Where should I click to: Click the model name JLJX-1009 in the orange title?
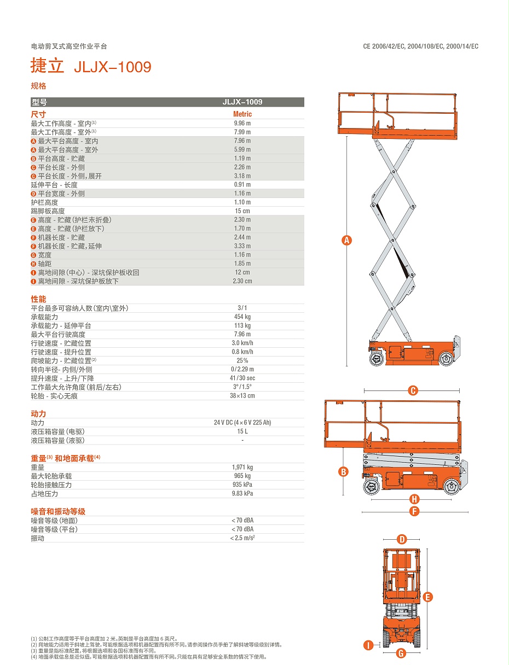[112, 67]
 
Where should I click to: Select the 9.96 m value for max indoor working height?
[242, 123]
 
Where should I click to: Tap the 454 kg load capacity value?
[242, 317]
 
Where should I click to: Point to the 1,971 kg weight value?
[242, 467]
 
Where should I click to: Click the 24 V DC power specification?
[242, 423]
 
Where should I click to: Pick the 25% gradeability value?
[242, 360]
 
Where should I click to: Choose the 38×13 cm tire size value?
[242, 395]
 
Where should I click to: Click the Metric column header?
[242, 114]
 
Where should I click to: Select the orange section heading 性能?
[38, 299]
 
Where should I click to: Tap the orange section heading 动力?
[38, 413]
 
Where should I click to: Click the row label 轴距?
[44, 264]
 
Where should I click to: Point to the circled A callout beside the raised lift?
[346, 240]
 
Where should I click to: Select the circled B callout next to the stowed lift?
[343, 472]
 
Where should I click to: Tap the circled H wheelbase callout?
[414, 499]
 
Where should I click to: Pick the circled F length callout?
[414, 512]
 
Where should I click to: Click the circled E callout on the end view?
[428, 597]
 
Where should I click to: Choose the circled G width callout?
[401, 653]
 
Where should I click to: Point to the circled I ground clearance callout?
[369, 645]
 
